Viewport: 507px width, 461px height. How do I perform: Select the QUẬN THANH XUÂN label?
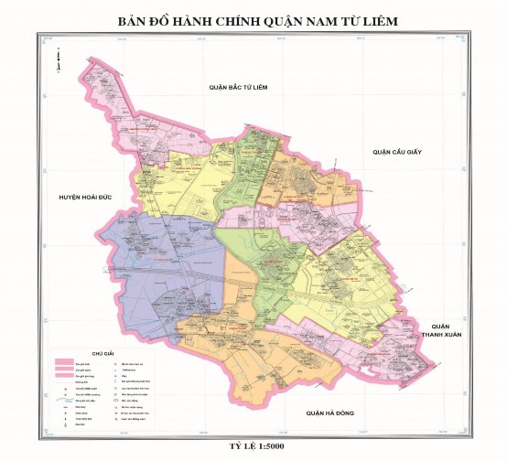441,330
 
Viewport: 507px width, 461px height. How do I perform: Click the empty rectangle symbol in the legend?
116,401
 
